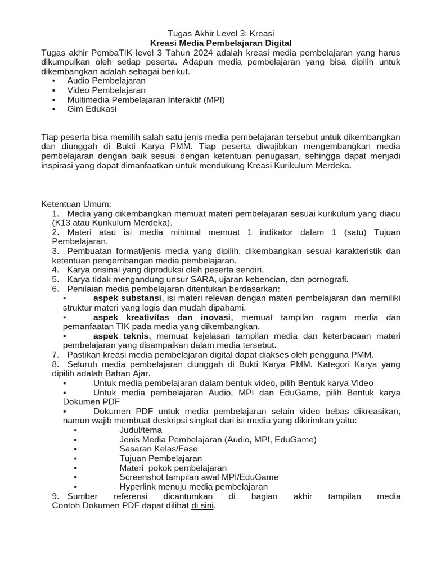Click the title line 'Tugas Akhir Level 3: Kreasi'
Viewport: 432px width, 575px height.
pyautogui.click(x=221, y=33)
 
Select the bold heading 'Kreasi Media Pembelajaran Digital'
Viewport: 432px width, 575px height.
pyautogui.click(x=222, y=43)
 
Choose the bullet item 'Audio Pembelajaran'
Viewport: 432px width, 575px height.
pyautogui.click(x=106, y=81)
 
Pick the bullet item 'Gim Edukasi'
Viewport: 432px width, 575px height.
pyautogui.click(x=92, y=109)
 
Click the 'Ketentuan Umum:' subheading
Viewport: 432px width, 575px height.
pyautogui.click(x=76, y=204)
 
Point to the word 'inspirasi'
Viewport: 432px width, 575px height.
pyautogui.click(x=59, y=166)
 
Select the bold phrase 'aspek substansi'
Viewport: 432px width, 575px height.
pyautogui.click(x=128, y=298)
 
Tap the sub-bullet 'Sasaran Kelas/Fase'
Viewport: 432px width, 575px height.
pyautogui.click(x=159, y=449)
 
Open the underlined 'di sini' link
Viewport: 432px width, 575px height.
pyautogui.click(x=202, y=505)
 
